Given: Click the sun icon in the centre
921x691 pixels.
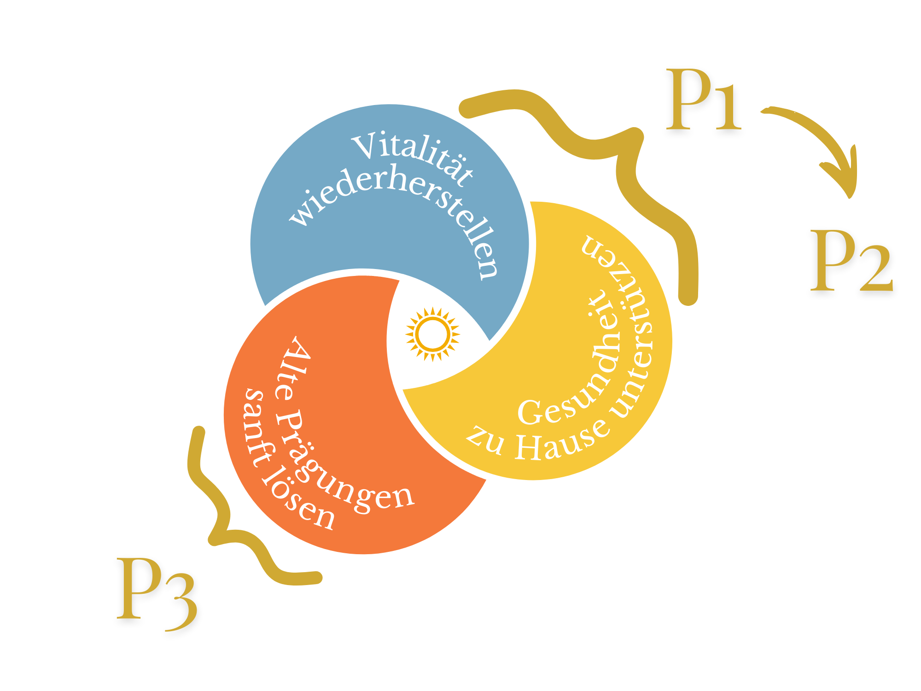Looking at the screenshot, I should (x=432, y=334).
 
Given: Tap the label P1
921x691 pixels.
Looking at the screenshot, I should (x=704, y=100).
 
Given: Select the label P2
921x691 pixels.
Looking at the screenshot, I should (x=851, y=261).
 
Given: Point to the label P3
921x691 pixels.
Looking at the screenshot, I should (x=157, y=594).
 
